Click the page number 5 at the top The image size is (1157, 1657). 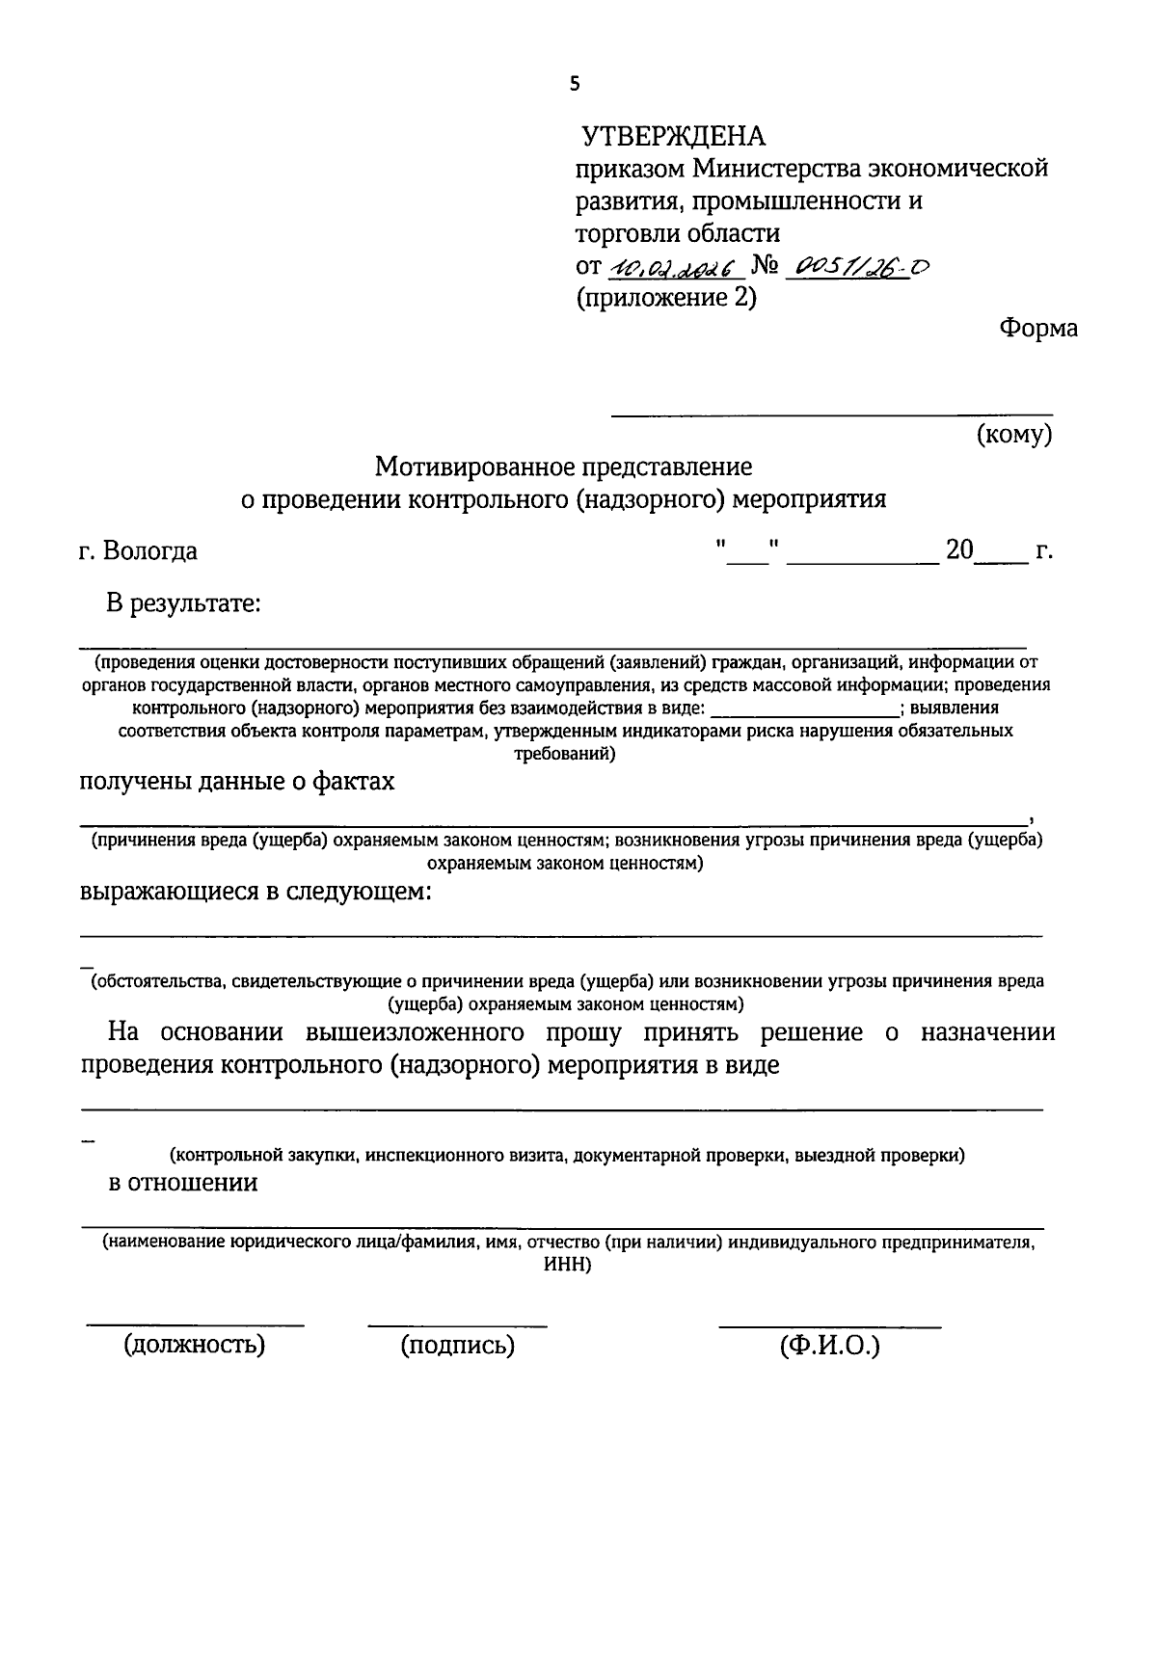[x=576, y=84]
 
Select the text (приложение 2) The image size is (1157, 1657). [x=666, y=298]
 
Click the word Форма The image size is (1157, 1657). [x=1038, y=328]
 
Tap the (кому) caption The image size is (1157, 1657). [x=1014, y=435]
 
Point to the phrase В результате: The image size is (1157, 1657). [x=184, y=604]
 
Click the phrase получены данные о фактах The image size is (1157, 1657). [x=236, y=781]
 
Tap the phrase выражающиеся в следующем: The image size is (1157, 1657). [x=255, y=892]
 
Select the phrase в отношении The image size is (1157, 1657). [x=183, y=1183]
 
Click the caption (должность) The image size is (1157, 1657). [x=194, y=1345]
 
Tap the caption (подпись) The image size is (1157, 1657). [x=457, y=1345]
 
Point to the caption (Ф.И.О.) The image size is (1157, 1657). [x=830, y=1345]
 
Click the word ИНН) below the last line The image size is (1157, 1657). [x=567, y=1265]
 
